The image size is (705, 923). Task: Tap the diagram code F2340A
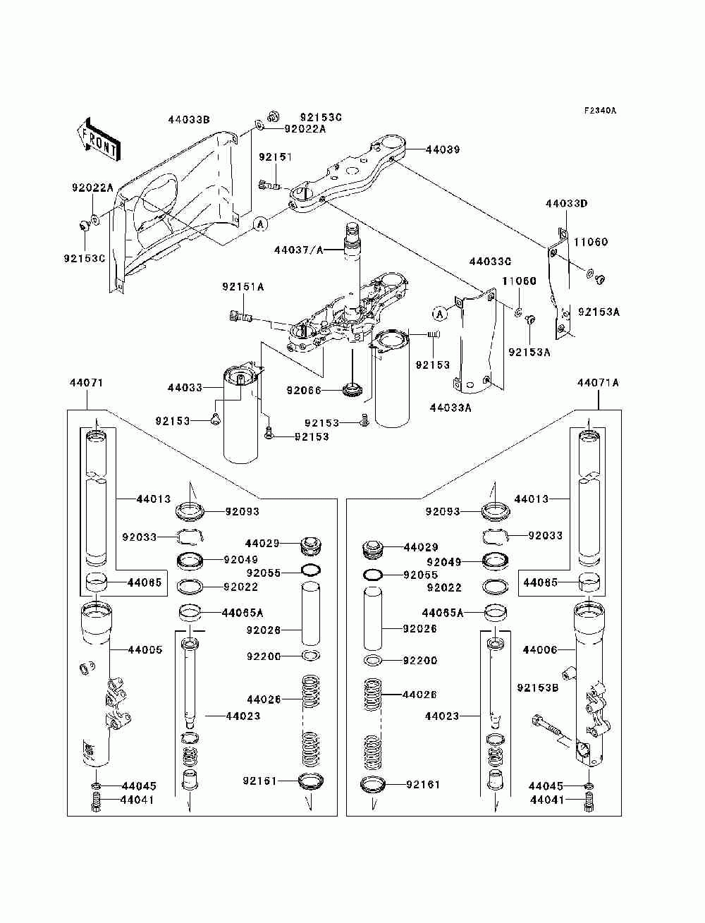coord(600,111)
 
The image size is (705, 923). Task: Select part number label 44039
coord(443,149)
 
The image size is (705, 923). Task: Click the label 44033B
coord(189,120)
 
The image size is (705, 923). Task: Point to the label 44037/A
coord(299,250)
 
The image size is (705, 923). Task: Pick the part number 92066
coord(304,389)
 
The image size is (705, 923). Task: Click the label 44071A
coord(598,383)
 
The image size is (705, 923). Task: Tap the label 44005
coord(145,649)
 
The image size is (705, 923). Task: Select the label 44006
coord(540,649)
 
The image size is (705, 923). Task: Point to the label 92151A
coord(243,287)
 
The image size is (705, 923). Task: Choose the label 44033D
coord(566,204)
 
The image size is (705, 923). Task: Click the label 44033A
coord(450,407)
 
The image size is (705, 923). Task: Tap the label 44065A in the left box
coord(243,613)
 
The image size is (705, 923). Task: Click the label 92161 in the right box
coord(422,784)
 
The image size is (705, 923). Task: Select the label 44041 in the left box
coord(137,800)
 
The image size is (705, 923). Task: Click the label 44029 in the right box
coord(421,547)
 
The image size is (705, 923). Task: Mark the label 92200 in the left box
coord(264,656)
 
